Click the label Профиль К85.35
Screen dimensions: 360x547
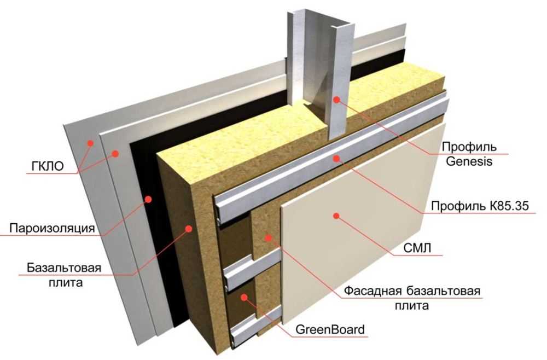(x=483, y=206)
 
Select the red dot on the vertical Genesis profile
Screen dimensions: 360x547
(x=337, y=99)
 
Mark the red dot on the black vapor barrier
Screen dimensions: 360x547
(x=148, y=199)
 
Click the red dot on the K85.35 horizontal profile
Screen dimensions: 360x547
(x=337, y=159)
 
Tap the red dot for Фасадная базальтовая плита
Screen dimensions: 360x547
(x=267, y=237)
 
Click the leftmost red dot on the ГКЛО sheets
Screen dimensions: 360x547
(x=91, y=143)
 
